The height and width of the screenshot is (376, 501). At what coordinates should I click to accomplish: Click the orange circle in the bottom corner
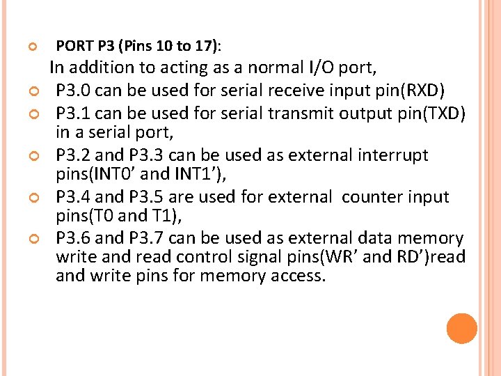tap(462, 329)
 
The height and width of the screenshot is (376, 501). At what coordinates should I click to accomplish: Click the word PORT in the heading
tap(74, 47)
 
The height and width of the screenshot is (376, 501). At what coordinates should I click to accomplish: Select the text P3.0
tap(74, 91)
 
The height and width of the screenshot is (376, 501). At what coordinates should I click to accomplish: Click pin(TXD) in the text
tap(431, 113)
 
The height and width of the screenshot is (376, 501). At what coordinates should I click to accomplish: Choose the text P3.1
tap(74, 113)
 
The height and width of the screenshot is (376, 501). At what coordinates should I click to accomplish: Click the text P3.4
tap(74, 197)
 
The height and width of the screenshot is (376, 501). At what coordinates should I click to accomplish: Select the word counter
tap(369, 197)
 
